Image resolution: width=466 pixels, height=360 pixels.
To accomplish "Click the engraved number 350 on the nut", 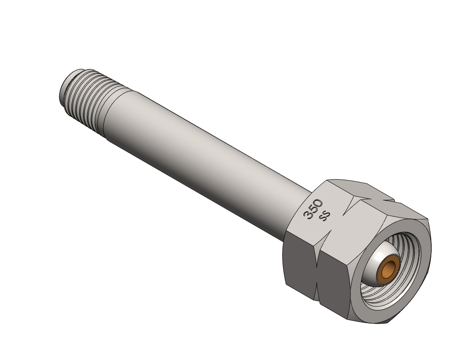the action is pos(313,209).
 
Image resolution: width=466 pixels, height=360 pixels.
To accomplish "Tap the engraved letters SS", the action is pos(325,216).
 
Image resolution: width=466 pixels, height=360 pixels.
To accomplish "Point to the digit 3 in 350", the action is pos(307,215).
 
